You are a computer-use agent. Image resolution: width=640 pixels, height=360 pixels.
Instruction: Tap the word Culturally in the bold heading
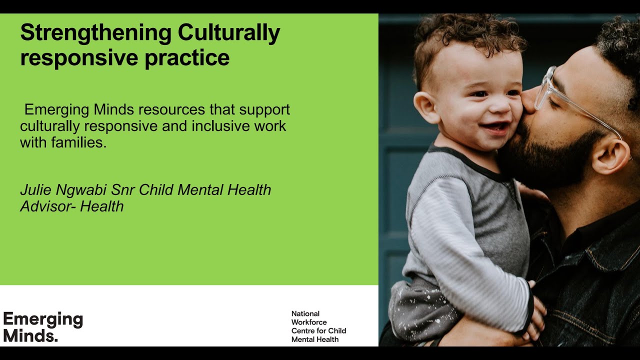[228, 33]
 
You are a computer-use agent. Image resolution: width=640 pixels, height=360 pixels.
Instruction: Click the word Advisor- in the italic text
[48, 206]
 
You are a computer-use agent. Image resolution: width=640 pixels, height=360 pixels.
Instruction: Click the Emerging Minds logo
[43, 327]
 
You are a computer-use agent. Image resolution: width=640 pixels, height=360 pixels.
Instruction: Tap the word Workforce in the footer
[309, 322]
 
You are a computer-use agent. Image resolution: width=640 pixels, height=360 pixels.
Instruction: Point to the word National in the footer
[305, 314]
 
